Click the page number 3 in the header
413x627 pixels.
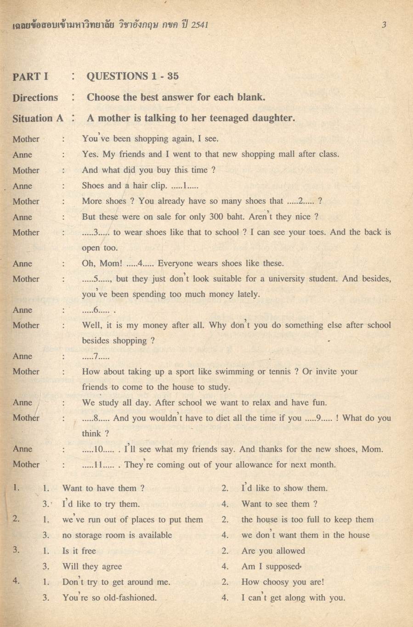[384, 25]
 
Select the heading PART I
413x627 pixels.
[30, 77]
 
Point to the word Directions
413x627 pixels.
[35, 97]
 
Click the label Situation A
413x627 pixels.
[38, 118]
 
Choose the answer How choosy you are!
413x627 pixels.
[283, 582]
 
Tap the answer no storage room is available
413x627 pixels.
[117, 535]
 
